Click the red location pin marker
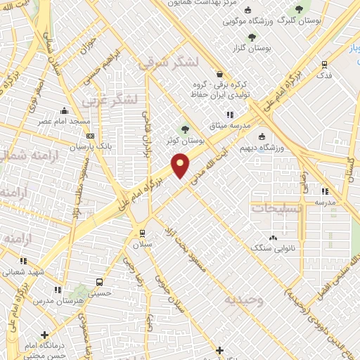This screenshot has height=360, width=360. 181,164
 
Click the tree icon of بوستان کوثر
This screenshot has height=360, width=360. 185,129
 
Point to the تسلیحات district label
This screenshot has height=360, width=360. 277,209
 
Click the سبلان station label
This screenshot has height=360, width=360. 142,244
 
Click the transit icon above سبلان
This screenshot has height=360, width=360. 142,233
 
